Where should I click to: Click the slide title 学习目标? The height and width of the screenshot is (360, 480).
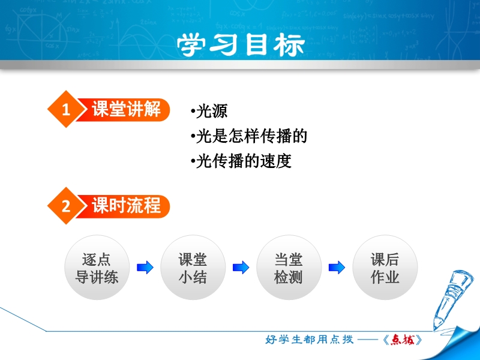point(241,44)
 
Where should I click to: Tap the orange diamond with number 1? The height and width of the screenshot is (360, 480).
point(66,109)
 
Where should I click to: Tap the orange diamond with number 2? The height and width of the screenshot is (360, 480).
point(66,206)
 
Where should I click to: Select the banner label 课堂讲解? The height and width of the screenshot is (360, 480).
point(126,109)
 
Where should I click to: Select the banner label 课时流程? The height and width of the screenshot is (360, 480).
point(126,205)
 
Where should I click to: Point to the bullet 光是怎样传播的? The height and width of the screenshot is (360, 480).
point(249,136)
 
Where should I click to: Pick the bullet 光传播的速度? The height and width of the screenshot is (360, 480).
point(241,161)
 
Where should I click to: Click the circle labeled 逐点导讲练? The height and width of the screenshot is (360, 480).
point(97,268)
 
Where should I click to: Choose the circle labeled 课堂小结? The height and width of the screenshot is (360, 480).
point(193,268)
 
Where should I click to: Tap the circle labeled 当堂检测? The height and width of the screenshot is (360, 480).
point(289,268)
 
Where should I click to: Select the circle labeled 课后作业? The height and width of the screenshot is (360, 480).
point(385,268)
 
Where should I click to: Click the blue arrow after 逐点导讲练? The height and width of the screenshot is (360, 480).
point(145,267)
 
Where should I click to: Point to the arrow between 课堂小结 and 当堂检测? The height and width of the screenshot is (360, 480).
point(241,267)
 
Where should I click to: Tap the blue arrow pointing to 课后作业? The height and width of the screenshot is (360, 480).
point(337,267)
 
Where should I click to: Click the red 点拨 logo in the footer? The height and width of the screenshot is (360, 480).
point(403,340)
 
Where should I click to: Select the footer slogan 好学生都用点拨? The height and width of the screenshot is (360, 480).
point(310,339)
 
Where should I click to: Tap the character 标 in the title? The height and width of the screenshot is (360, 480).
point(289,44)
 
